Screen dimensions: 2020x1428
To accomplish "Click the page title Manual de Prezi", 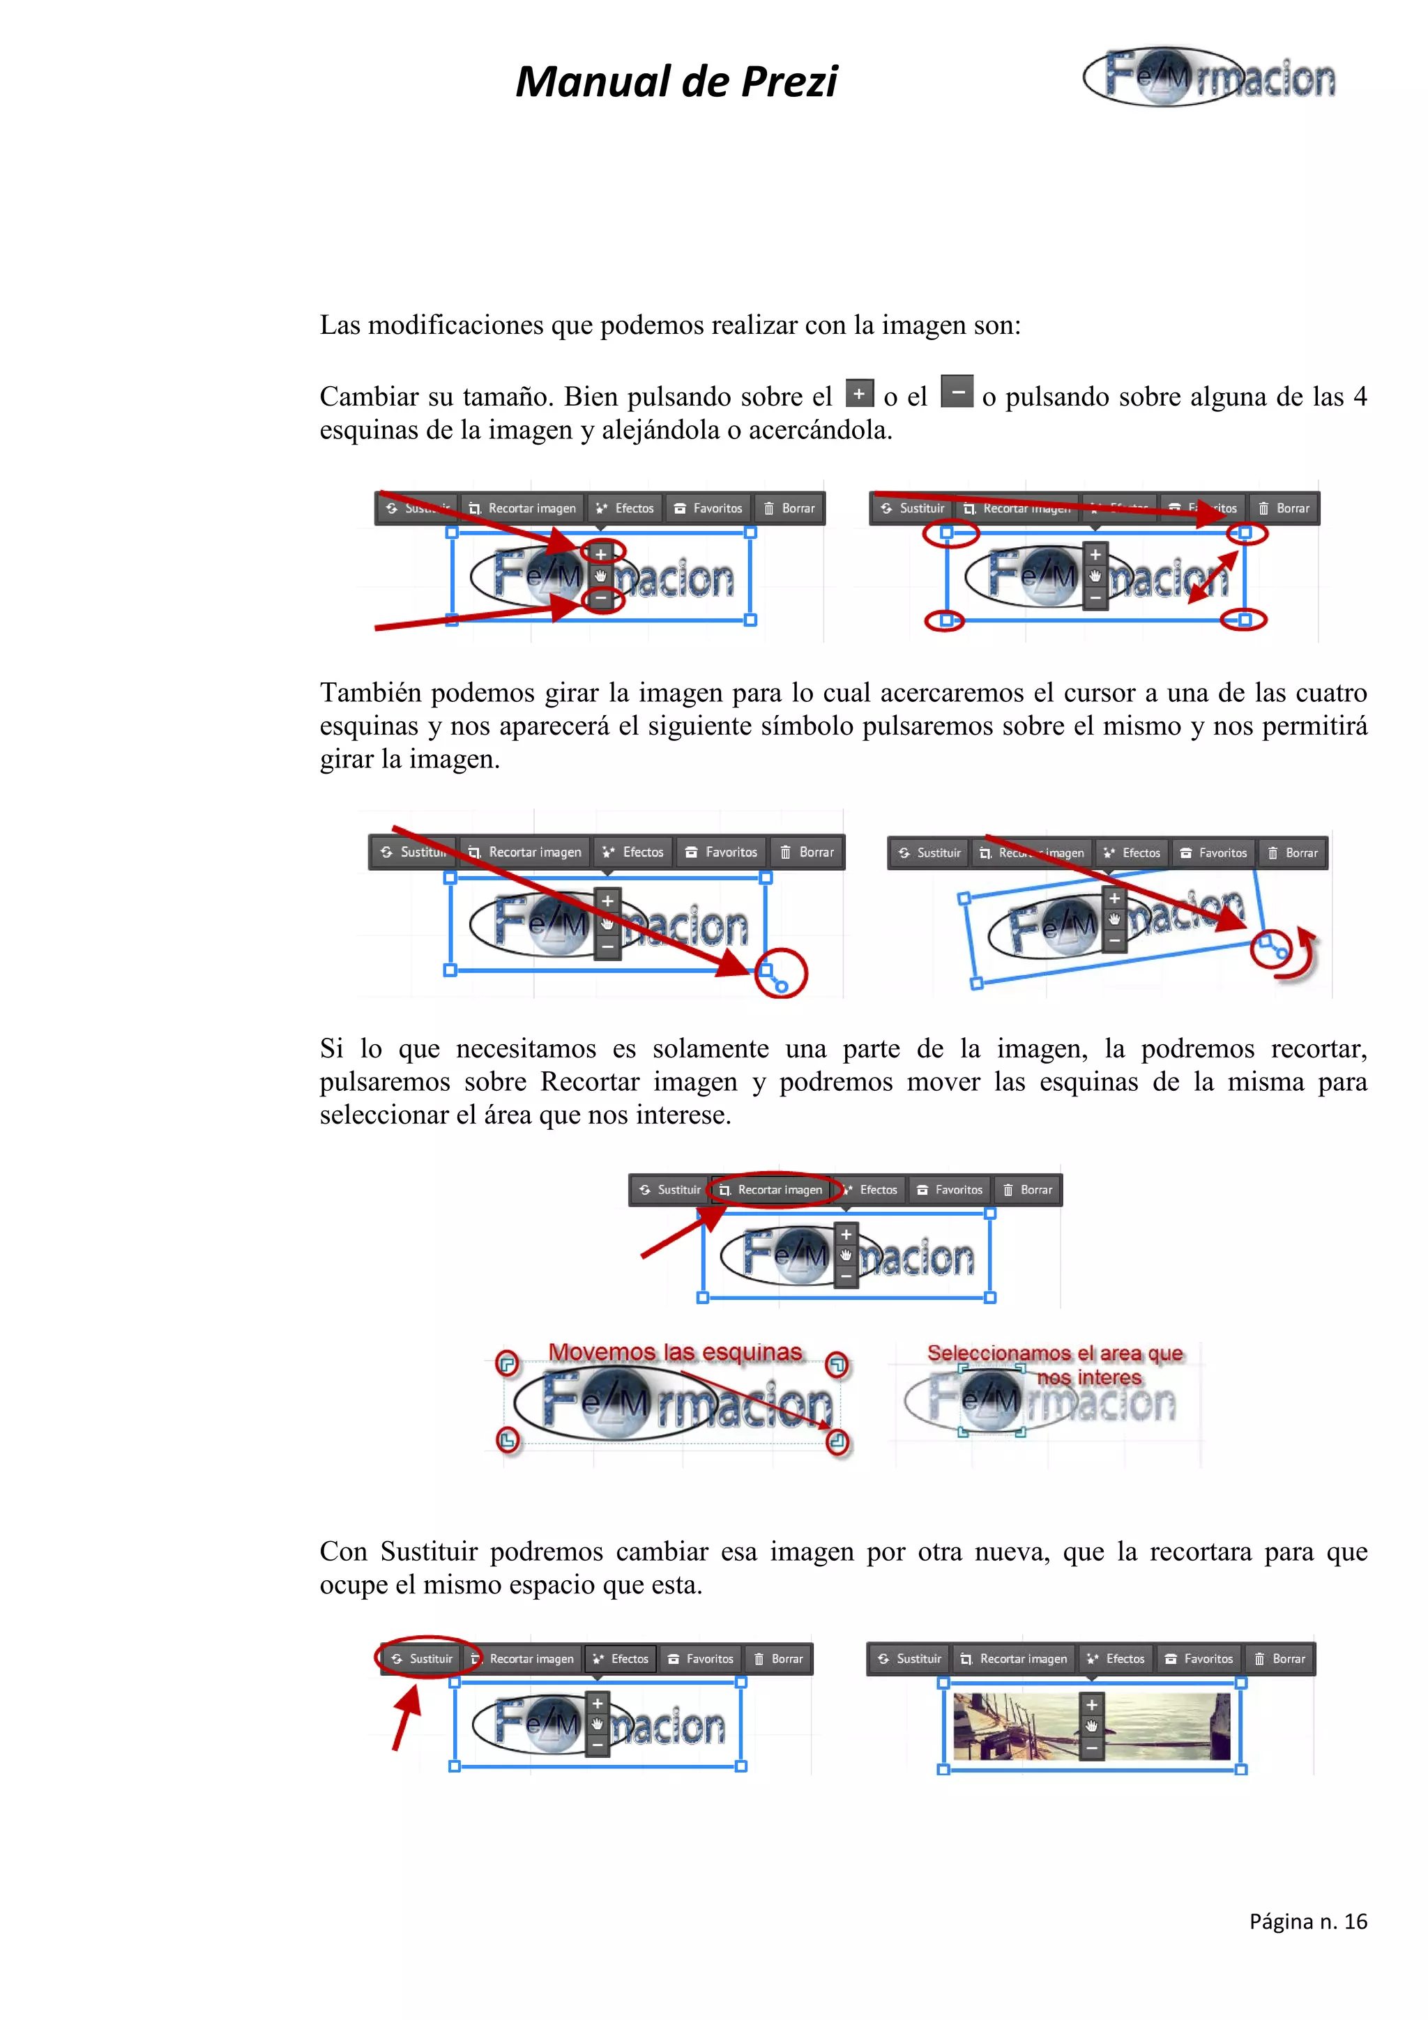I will tap(676, 82).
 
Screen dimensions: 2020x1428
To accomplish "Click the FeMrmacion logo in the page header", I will tap(1210, 77).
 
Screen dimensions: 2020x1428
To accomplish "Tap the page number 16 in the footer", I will tap(1355, 1922).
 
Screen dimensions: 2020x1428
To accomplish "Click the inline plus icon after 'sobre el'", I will tap(859, 393).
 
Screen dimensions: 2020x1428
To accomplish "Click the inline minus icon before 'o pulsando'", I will tap(957, 392).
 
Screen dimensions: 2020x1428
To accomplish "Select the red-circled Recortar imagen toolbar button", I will tap(772, 1189).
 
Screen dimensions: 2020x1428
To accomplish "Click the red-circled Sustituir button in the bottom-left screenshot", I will tap(427, 1658).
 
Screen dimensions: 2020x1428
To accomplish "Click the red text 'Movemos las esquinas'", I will tap(675, 1352).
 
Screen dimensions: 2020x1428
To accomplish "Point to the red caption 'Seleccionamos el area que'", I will tap(1054, 1353).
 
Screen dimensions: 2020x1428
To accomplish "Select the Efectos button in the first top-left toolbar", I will tap(625, 509).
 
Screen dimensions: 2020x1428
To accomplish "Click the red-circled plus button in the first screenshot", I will tap(601, 553).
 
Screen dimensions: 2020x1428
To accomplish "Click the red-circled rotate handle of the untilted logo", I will tap(780, 975).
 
